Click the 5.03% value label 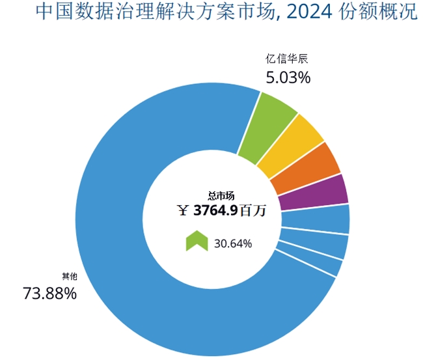[x=288, y=77]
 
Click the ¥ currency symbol [x=184, y=210]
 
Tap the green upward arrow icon [x=196, y=242]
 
